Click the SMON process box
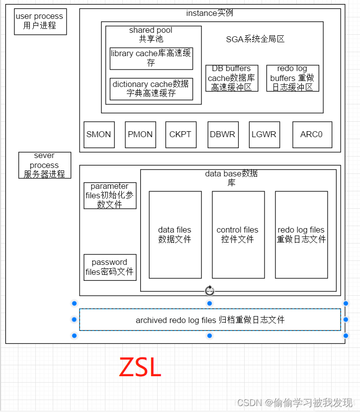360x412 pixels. point(99,134)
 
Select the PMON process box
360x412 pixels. point(140,134)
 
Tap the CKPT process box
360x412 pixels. point(180,134)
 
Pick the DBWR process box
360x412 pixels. point(222,134)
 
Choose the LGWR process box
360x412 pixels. point(264,134)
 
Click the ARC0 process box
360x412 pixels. point(312,134)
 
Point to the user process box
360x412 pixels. point(40,21)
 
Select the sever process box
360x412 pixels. point(44,165)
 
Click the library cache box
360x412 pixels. point(151,58)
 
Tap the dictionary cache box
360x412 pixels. point(151,89)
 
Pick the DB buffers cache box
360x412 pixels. point(232,78)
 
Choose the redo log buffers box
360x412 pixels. point(292,78)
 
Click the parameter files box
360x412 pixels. point(109,195)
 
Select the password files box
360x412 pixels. point(109,267)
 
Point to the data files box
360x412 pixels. point(175,235)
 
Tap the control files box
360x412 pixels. point(238,235)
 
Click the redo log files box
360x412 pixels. point(301,235)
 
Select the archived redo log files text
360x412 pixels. point(210,320)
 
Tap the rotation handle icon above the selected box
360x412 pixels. point(209,290)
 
